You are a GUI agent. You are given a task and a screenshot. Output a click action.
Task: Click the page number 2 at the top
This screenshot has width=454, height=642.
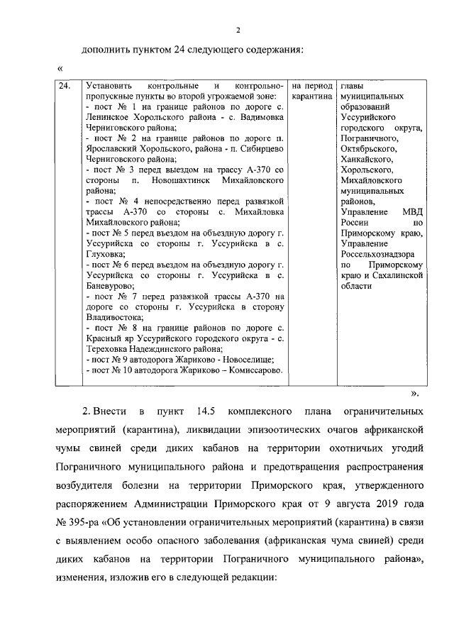(239, 29)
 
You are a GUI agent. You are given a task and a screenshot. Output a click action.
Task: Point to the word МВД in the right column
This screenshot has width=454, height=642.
(412, 212)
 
